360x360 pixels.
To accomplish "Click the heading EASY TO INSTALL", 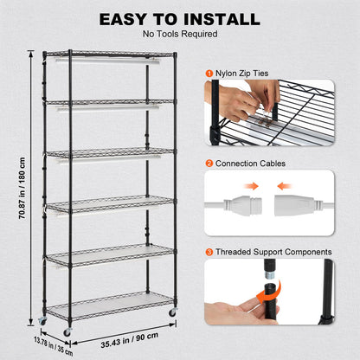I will pyautogui.click(x=180, y=19).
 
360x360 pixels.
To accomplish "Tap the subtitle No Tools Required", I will pyautogui.click(x=180, y=35).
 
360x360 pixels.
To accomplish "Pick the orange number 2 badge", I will pyautogui.click(x=209, y=163).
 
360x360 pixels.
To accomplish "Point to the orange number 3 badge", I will pyautogui.click(x=209, y=252).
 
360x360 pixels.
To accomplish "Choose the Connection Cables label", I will pyautogui.click(x=249, y=163).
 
